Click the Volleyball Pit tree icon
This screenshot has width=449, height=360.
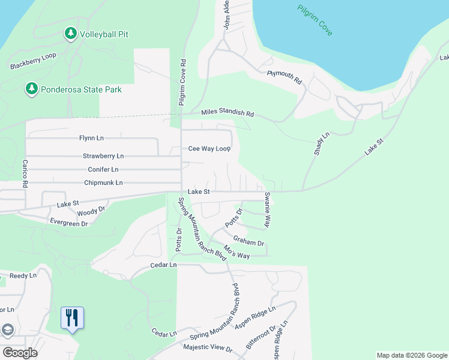click(x=70, y=34)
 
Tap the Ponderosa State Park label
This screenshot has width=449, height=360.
click(x=81, y=90)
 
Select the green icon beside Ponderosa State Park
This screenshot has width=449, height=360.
click(x=31, y=89)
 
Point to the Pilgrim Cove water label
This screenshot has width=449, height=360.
click(x=315, y=20)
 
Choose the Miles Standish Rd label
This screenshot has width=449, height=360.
click(x=228, y=113)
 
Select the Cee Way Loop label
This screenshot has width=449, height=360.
click(x=209, y=148)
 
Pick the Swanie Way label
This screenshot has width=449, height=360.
click(x=267, y=210)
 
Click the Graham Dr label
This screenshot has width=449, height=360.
click(x=249, y=239)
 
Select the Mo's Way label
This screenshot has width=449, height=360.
click(x=236, y=252)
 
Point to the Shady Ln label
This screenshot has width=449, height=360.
click(x=322, y=145)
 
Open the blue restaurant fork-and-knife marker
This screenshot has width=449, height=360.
click(x=72, y=318)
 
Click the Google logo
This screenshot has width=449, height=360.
click(x=20, y=352)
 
